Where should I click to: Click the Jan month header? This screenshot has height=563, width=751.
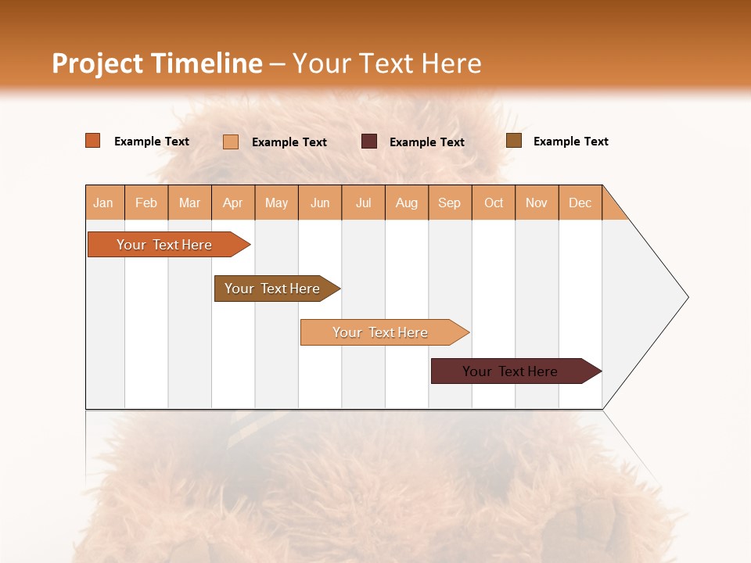click(x=103, y=203)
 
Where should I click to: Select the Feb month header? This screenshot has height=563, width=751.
click(x=146, y=203)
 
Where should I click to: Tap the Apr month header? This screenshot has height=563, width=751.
click(x=232, y=203)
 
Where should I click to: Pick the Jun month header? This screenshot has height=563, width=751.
click(x=320, y=203)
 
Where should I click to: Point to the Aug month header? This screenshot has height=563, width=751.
click(x=406, y=203)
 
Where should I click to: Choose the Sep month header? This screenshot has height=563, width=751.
click(x=449, y=203)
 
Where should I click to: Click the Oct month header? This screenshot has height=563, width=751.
click(x=494, y=203)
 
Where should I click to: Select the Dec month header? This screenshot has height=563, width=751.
click(x=580, y=203)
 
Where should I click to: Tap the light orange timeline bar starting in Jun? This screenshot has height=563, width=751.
click(x=381, y=332)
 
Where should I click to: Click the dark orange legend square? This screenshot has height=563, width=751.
click(x=93, y=141)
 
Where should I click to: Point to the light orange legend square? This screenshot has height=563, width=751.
click(x=231, y=142)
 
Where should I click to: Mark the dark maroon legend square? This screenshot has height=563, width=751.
click(x=369, y=142)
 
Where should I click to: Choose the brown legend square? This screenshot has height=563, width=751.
click(x=514, y=141)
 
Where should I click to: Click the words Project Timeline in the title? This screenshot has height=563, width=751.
click(x=156, y=63)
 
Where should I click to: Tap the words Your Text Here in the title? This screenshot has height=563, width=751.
click(x=386, y=63)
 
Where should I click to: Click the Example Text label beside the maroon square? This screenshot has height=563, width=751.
click(x=426, y=142)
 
